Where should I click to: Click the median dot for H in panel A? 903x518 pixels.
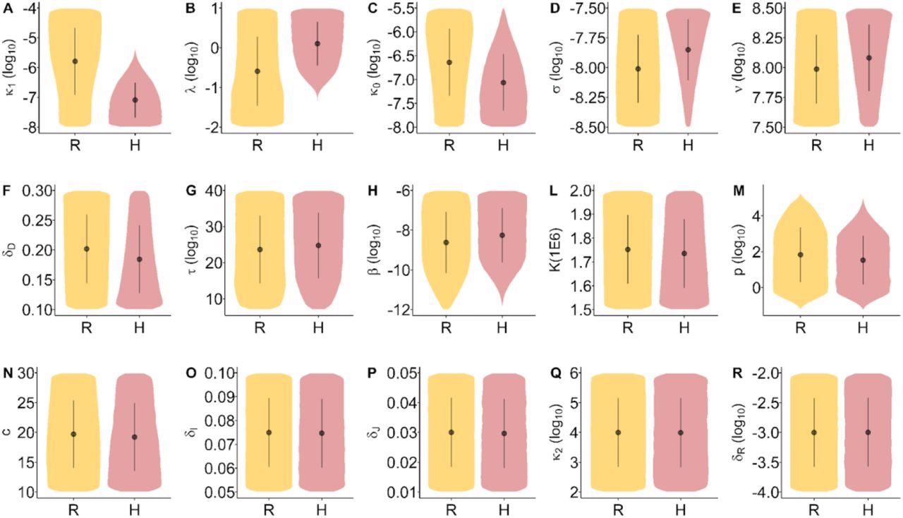coord(135,100)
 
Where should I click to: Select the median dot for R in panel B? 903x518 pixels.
coord(257,71)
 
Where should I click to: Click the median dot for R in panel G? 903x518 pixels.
coord(260,249)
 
